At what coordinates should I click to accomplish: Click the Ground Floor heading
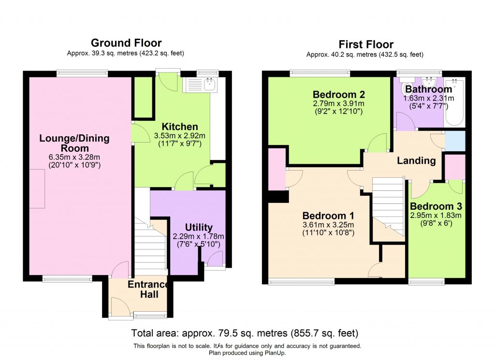click(126, 43)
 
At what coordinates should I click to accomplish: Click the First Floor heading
click(365, 44)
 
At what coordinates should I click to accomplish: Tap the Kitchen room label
click(179, 127)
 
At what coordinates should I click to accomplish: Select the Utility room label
click(199, 228)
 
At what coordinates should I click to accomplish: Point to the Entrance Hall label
click(149, 289)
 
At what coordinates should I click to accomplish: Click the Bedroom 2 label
click(338, 94)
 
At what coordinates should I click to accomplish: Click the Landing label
click(416, 160)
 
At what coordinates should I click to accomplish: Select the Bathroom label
click(428, 89)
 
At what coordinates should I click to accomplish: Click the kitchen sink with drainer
click(201, 85)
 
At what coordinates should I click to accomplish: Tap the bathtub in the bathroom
click(454, 103)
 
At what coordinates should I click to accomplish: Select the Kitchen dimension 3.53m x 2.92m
click(179, 136)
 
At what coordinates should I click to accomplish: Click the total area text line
click(245, 333)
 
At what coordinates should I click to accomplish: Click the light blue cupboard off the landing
click(454, 141)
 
